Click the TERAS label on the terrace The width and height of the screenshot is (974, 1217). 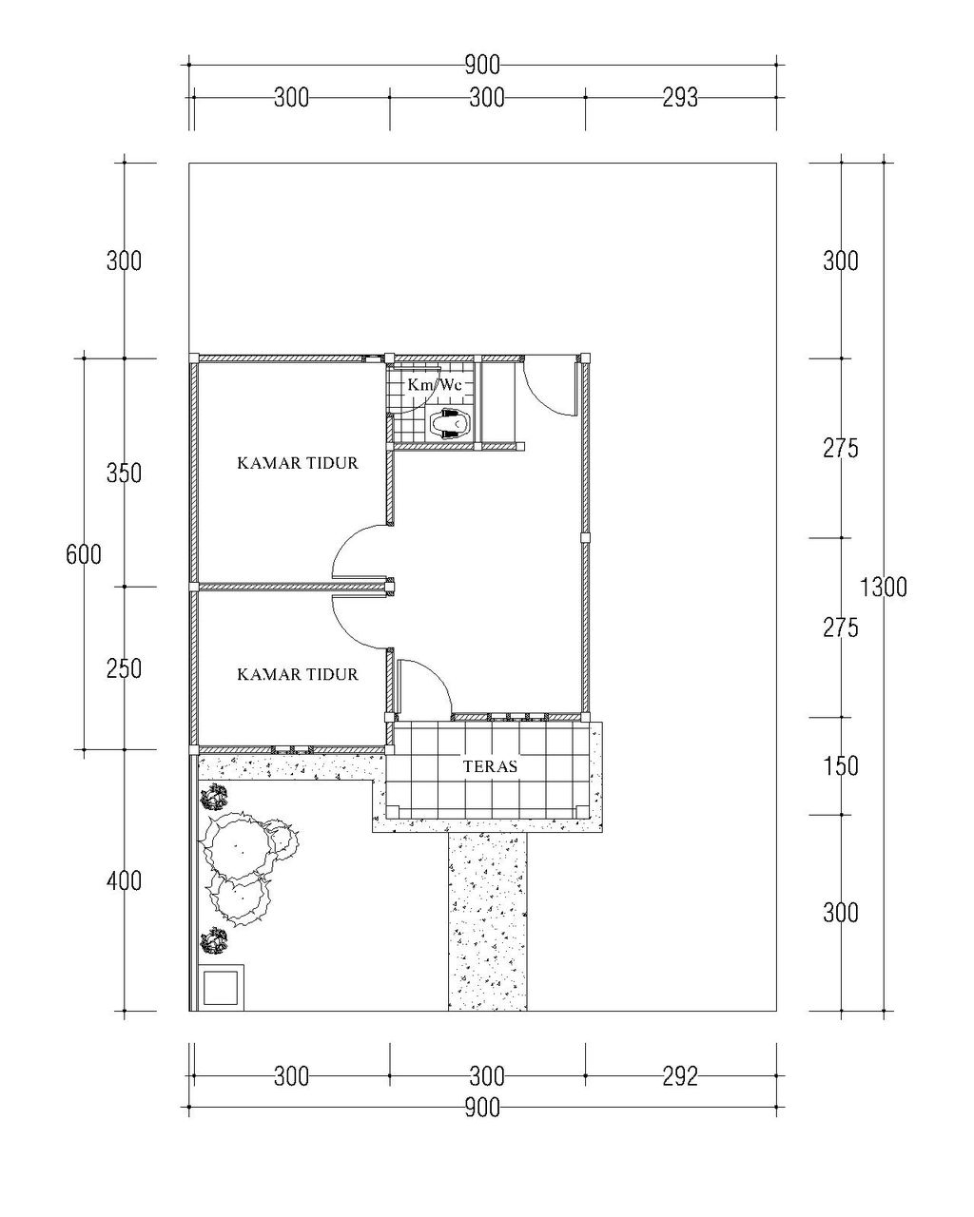click(490, 766)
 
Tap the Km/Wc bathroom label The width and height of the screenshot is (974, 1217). click(435, 384)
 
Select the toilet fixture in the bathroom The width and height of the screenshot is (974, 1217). click(450, 422)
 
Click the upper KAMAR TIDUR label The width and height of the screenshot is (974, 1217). click(298, 463)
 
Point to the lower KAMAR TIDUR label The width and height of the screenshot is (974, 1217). click(298, 674)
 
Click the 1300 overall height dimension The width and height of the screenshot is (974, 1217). click(884, 588)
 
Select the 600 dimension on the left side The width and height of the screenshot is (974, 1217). click(84, 554)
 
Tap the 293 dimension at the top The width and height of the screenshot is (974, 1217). click(680, 98)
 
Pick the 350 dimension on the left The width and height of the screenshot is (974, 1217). click(124, 473)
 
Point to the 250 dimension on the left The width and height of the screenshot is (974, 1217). click(124, 669)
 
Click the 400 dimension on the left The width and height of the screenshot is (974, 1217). click(124, 880)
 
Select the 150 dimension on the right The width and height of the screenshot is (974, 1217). click(841, 766)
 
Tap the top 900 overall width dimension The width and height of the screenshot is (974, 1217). click(482, 66)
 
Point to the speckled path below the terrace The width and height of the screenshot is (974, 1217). click(487, 921)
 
